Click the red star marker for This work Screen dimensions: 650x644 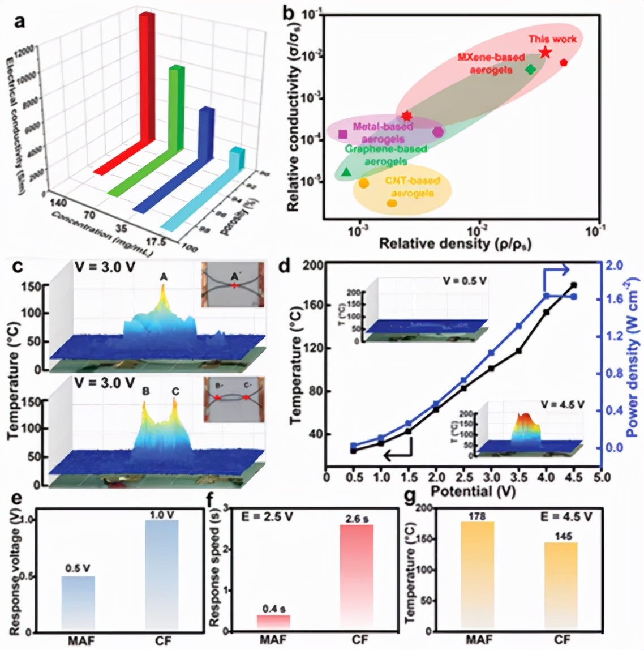point(545,52)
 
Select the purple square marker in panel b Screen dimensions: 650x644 point(342,134)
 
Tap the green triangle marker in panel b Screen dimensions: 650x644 point(346,172)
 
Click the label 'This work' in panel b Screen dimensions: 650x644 point(553,39)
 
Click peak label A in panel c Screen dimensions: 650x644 point(163,277)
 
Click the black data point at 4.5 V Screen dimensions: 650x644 point(574,285)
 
